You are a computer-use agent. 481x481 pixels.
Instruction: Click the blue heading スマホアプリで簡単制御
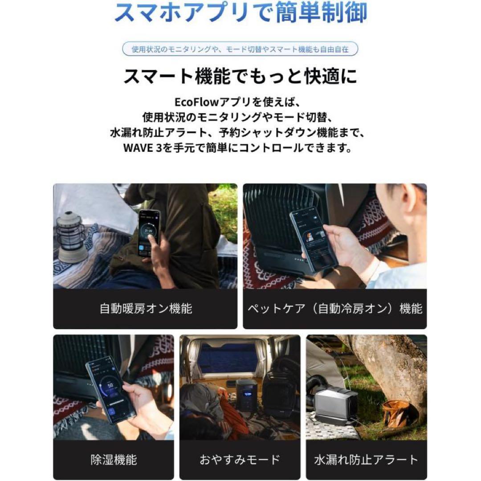pyautogui.click(x=240, y=13)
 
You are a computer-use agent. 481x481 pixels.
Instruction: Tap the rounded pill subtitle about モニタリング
pyautogui.click(x=240, y=49)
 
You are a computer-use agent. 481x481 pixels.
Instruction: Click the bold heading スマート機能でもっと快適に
pyautogui.click(x=240, y=77)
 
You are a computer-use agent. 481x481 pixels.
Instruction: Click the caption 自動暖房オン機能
pyautogui.click(x=146, y=309)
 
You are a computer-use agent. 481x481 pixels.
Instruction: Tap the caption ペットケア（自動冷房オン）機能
pyautogui.click(x=334, y=309)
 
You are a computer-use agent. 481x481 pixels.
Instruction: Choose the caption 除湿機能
pyautogui.click(x=113, y=459)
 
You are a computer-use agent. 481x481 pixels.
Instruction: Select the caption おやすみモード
pyautogui.click(x=240, y=459)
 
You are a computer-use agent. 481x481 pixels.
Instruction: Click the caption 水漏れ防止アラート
pyautogui.click(x=366, y=459)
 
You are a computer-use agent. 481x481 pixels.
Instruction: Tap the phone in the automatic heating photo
pyautogui.click(x=149, y=233)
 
